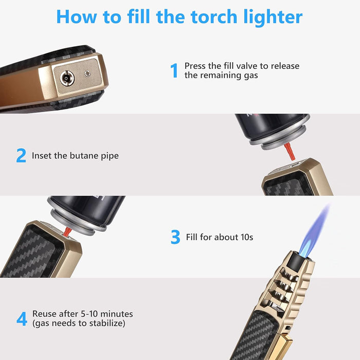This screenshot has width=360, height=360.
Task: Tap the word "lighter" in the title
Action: (x=273, y=17)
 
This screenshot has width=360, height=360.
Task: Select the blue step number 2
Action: (x=21, y=156)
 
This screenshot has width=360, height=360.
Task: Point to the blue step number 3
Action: (x=175, y=238)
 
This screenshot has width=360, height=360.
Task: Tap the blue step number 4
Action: (x=22, y=319)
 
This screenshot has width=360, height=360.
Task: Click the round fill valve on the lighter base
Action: (x=67, y=78)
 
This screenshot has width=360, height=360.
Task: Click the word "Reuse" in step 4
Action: (x=44, y=314)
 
